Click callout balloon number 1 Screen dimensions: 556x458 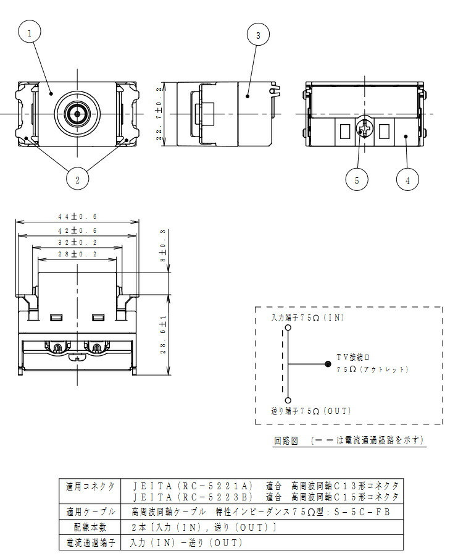point(30,32)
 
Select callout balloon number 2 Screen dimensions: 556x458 point(77,180)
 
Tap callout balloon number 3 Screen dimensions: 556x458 point(258,35)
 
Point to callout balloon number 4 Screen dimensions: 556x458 point(407,180)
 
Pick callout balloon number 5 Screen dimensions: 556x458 point(357,180)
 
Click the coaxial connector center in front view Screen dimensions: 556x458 point(77,114)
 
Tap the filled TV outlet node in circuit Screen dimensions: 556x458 point(328,364)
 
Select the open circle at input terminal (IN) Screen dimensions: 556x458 point(288,328)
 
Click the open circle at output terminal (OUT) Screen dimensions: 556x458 point(288,400)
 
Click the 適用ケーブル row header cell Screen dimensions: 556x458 point(90,512)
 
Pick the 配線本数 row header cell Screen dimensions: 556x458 point(90,527)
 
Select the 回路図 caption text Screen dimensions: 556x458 point(286,440)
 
